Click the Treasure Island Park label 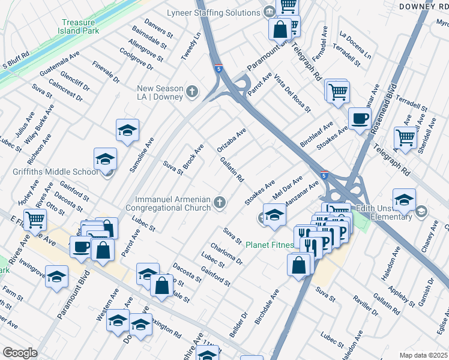point(81,28)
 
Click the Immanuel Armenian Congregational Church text point(172,203)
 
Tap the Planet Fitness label point(270,245)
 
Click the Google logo point(20,353)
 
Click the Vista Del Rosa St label point(292,95)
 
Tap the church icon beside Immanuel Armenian point(220,203)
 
